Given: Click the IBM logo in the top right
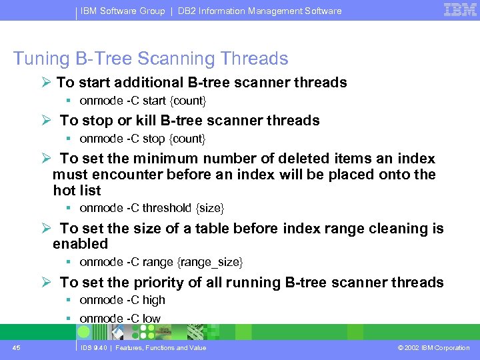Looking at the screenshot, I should [x=460, y=10].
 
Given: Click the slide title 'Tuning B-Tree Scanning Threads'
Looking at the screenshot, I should [x=151, y=59].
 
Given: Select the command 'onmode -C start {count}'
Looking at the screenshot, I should [x=143, y=101].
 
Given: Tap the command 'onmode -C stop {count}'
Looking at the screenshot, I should [x=143, y=139].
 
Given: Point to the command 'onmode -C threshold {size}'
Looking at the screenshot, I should [x=151, y=208].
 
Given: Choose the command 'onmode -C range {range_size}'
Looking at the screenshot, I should [x=161, y=262].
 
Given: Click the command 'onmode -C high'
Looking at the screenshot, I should [x=122, y=300].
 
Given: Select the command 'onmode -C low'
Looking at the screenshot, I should [x=120, y=319].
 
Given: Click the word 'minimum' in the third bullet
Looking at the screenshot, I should [x=165, y=159].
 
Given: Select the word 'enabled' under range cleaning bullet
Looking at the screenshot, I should [x=80, y=244].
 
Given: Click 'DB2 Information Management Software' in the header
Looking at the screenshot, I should [x=259, y=11].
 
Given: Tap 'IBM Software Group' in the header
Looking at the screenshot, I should [x=123, y=11].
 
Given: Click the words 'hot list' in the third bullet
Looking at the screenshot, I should [x=77, y=191].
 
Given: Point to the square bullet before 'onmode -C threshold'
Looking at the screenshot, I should [x=69, y=208].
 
